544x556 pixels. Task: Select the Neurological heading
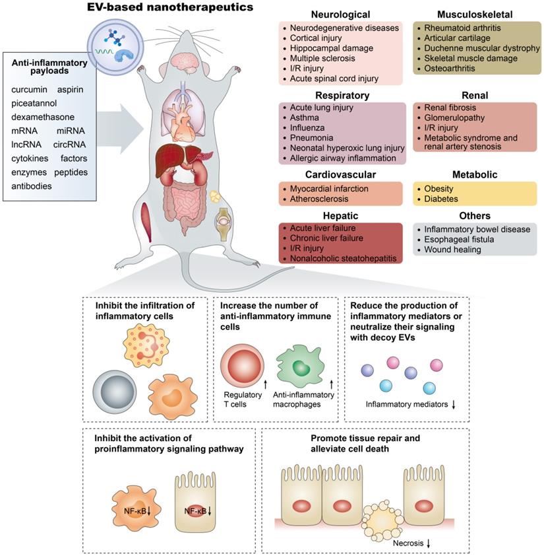click(x=341, y=15)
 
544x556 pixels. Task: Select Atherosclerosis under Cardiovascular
click(x=320, y=199)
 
